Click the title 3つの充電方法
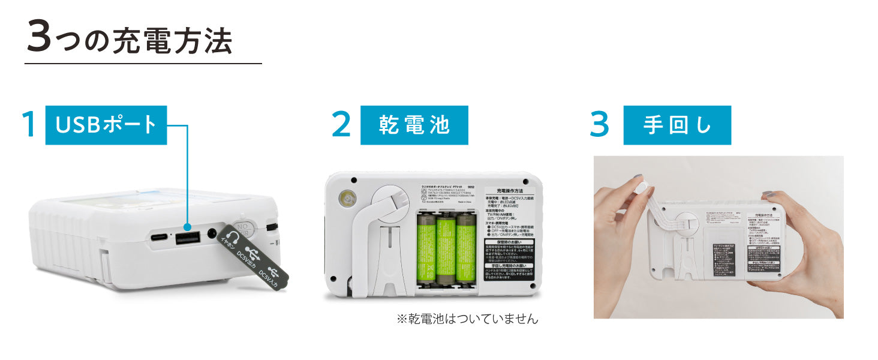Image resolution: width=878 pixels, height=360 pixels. pyautogui.click(x=129, y=40)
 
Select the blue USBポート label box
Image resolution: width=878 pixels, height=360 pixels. pyautogui.click(x=106, y=125)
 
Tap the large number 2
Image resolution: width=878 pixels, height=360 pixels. pyautogui.click(x=341, y=125)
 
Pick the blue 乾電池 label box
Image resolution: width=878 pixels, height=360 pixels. pyautogui.click(x=414, y=125)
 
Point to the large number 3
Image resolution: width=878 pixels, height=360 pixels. pyautogui.click(x=600, y=125)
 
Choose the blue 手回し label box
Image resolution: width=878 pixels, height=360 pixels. pyautogui.click(x=677, y=125)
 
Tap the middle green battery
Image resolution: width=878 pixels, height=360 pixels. pyautogui.click(x=445, y=250)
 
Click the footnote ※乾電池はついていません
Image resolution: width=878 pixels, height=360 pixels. pyautogui.click(x=467, y=319)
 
